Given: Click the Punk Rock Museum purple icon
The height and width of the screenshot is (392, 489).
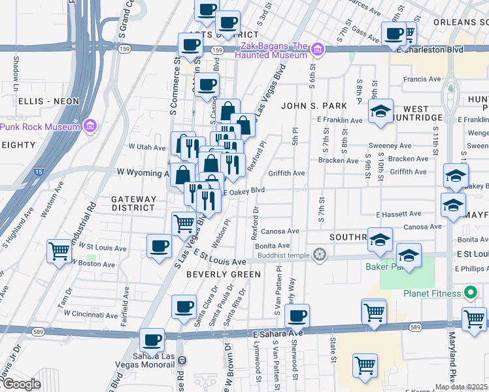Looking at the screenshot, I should [x=91, y=125].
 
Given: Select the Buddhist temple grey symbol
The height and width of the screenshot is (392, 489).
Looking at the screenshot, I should [x=320, y=253].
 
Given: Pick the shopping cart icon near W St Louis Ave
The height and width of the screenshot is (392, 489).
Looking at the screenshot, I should [x=59, y=250].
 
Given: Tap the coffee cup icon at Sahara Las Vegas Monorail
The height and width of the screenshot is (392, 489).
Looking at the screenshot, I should [x=152, y=340].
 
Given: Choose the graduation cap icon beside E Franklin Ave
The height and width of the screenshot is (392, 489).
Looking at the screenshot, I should [x=380, y=111].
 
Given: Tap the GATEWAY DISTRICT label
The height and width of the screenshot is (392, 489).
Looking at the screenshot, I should [x=133, y=203].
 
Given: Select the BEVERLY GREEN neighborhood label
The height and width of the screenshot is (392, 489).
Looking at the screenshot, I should [x=224, y=274].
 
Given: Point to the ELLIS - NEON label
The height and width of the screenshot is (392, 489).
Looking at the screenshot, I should [x=49, y=101].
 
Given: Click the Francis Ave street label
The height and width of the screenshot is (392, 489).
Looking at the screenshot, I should [x=422, y=79].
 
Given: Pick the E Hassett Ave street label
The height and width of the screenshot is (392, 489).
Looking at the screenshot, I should [x=398, y=214].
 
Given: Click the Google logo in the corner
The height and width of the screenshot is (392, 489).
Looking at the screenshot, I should [x=21, y=384].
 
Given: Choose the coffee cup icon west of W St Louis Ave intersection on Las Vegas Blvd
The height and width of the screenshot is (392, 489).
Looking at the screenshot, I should [x=159, y=246].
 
